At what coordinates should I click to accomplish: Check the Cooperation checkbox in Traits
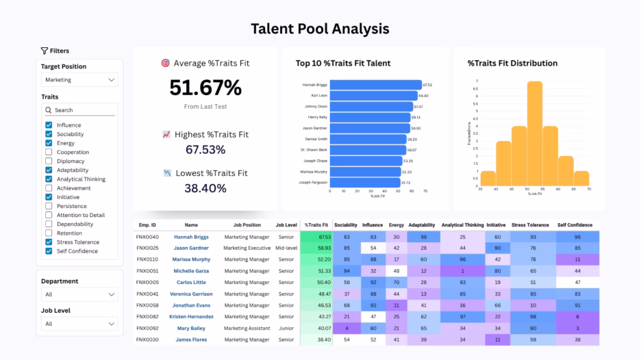click(x=49, y=153)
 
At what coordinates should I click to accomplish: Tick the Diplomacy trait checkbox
click(x=49, y=162)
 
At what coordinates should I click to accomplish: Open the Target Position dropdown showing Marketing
click(x=79, y=80)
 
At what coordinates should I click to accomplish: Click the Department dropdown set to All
click(x=79, y=294)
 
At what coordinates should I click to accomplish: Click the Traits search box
click(x=79, y=110)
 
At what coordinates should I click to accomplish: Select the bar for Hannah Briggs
click(x=376, y=85)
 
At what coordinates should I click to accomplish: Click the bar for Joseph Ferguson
click(x=365, y=183)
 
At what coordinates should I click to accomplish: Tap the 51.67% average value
click(x=205, y=88)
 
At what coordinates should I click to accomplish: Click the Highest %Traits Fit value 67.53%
click(x=205, y=149)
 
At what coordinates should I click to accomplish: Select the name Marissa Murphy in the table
click(x=192, y=259)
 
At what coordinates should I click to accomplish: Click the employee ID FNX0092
click(x=147, y=328)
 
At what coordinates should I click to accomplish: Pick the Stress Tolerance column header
click(x=529, y=224)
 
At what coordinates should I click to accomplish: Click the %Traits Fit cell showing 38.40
click(x=316, y=339)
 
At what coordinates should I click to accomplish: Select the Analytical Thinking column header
click(x=462, y=224)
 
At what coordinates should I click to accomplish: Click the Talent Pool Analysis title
click(x=320, y=29)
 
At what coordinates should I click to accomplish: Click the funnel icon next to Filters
click(x=45, y=51)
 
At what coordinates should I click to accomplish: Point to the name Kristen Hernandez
click(x=192, y=317)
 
